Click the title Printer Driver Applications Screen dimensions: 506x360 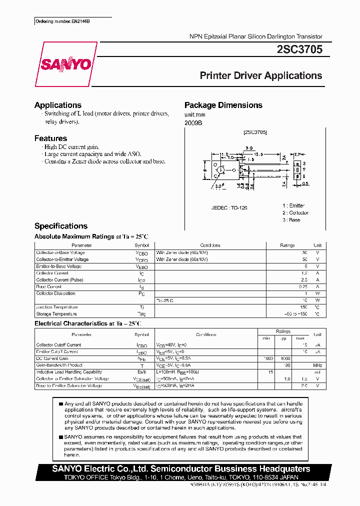pos(260,75)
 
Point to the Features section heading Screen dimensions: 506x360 pos(50,138)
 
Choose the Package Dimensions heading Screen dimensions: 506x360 pos(223,105)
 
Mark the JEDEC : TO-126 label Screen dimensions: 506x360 pos(229,207)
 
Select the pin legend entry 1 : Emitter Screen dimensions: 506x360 pos(293,205)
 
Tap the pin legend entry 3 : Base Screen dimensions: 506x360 pos(291,220)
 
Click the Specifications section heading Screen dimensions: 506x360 pos(60,226)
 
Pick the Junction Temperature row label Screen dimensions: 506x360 pos(57,307)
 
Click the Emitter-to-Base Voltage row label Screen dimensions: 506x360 pos(59,266)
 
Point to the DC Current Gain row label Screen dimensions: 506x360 pos(52,358)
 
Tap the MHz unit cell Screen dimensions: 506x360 pos(317,365)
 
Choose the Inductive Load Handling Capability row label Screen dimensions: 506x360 pos(69,372)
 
